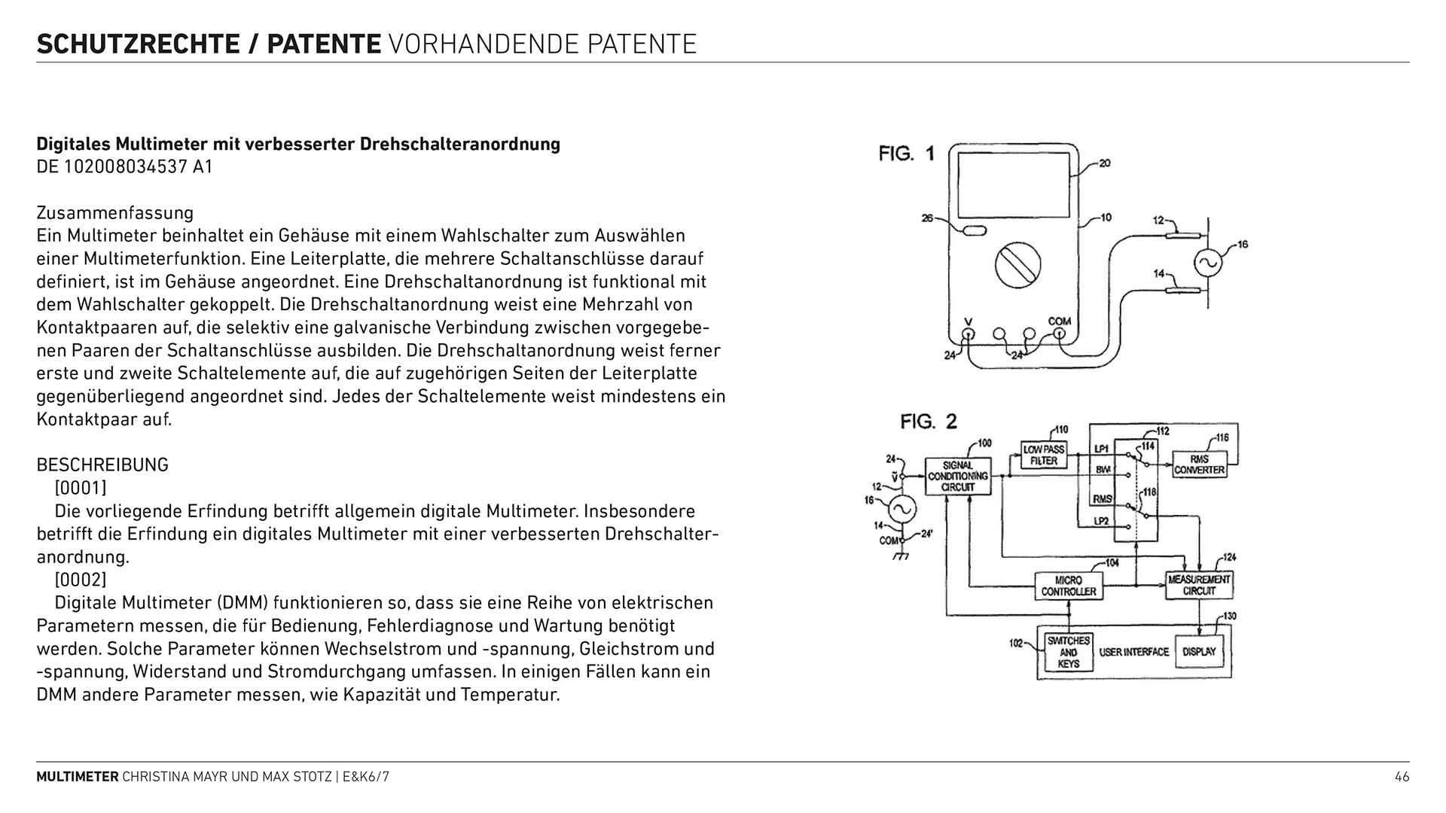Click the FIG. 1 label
click(x=906, y=154)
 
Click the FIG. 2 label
click(x=928, y=422)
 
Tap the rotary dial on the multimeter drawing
click(x=1017, y=264)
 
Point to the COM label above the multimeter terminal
click(x=1059, y=321)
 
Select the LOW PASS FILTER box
click(x=1044, y=455)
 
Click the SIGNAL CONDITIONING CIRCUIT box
click(x=958, y=477)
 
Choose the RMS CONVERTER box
click(x=1200, y=464)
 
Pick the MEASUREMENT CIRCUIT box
click(x=1199, y=585)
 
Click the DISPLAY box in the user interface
click(x=1199, y=652)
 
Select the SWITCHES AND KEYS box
click(x=1069, y=652)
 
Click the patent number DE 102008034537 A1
click(x=124, y=166)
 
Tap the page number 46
click(x=1402, y=777)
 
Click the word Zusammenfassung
click(x=115, y=213)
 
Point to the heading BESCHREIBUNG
click(x=102, y=464)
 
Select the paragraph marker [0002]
click(x=81, y=580)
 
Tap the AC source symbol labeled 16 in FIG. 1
click(x=1208, y=263)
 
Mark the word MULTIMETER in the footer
click(x=78, y=777)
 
